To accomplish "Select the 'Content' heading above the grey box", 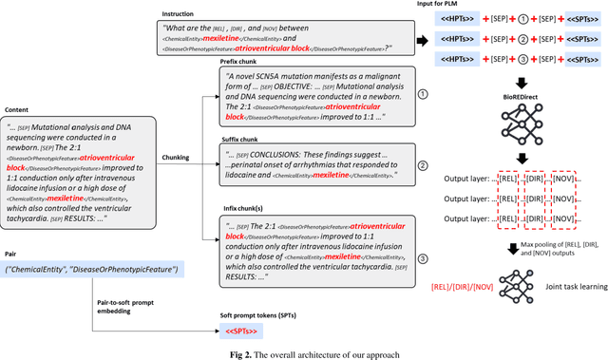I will (x=21, y=109).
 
